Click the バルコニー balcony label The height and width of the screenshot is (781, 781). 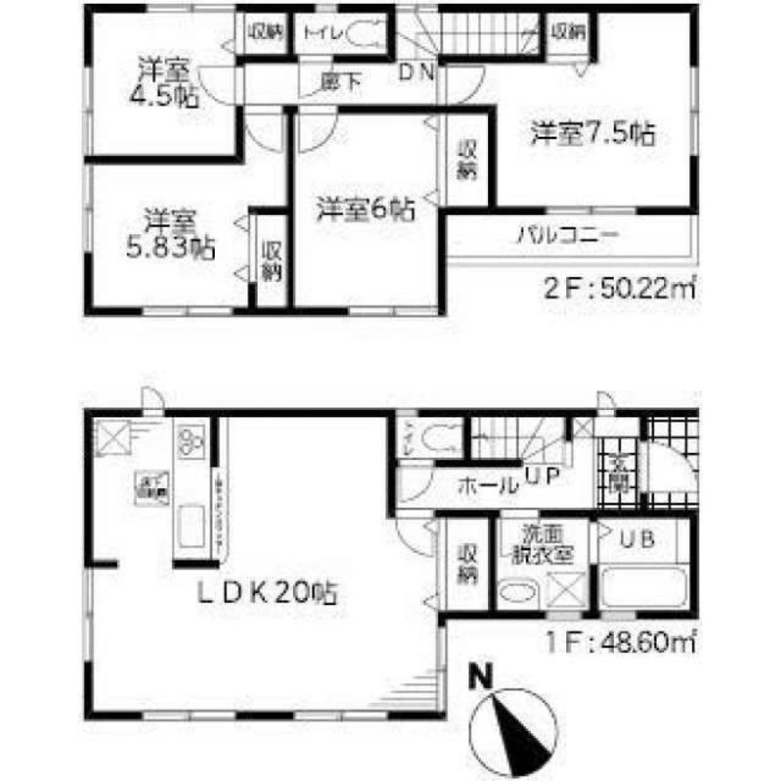(569, 235)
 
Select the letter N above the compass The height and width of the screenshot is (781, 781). (474, 676)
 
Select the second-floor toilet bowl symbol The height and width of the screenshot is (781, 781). (362, 35)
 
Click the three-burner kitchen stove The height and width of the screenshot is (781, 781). (191, 441)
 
